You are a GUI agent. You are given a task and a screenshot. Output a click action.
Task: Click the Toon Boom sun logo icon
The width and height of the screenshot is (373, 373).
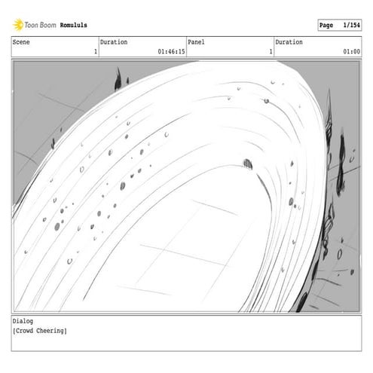click(18, 25)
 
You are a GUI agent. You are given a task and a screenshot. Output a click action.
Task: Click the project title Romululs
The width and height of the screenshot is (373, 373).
click(73, 25)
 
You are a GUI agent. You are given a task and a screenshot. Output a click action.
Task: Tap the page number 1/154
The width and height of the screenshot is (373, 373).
click(351, 25)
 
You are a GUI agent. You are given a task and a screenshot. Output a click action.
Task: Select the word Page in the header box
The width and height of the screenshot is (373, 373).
click(326, 26)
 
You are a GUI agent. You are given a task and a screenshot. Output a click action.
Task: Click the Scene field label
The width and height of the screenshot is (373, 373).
click(21, 42)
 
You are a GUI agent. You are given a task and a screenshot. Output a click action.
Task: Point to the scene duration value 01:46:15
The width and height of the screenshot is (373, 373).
click(171, 51)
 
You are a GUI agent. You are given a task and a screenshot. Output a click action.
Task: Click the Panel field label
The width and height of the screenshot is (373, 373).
click(196, 42)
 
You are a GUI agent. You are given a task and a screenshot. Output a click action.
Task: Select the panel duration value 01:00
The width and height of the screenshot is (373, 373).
click(351, 51)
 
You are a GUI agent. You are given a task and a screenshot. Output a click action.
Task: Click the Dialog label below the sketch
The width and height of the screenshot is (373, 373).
click(23, 321)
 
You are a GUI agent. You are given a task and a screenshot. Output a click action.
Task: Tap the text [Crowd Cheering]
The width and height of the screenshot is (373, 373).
click(40, 331)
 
